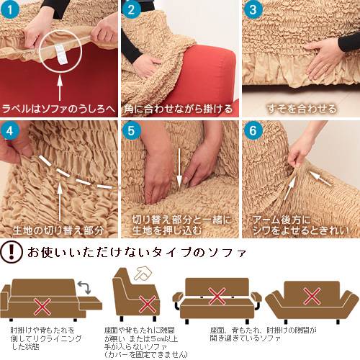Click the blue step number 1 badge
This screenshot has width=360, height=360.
click(x=10, y=9)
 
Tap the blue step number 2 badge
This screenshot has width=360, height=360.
click(x=131, y=9)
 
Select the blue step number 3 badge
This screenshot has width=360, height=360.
click(x=253, y=9)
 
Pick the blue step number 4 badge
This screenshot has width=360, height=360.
click(x=10, y=131)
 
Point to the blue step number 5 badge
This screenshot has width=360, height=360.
click(x=131, y=131)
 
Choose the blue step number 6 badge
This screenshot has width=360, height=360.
click(x=253, y=131)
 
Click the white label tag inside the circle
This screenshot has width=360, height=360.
click(x=60, y=54)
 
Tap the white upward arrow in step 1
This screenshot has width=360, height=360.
click(x=60, y=88)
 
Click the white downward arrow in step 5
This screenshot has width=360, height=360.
click(x=179, y=168)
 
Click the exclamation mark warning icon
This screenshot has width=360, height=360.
click(x=12, y=252)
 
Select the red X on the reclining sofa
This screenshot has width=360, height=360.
click(x=42, y=307)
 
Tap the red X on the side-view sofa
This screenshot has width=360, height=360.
click(x=148, y=305)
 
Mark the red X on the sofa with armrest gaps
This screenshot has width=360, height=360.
click(x=217, y=297)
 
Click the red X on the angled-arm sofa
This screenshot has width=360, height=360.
click(x=312, y=297)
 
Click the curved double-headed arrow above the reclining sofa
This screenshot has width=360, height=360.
click(x=84, y=287)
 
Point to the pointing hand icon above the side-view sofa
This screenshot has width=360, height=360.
click(x=143, y=274)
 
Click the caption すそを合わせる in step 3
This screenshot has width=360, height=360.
click(x=302, y=109)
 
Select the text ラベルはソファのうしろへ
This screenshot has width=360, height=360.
click(x=58, y=109)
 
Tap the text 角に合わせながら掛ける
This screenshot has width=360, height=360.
click(x=179, y=109)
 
